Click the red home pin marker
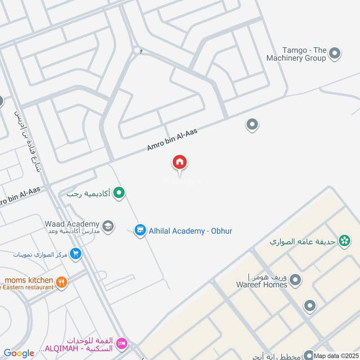180,162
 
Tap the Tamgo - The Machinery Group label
296,54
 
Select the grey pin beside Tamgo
334,54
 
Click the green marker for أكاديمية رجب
119,193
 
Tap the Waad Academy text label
72,224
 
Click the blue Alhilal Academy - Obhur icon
140,230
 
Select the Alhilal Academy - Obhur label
191,231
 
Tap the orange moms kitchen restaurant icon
62,282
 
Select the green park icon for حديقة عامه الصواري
345,242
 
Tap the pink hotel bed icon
121,344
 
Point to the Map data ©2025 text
336,355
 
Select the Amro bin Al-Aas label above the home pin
172,139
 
